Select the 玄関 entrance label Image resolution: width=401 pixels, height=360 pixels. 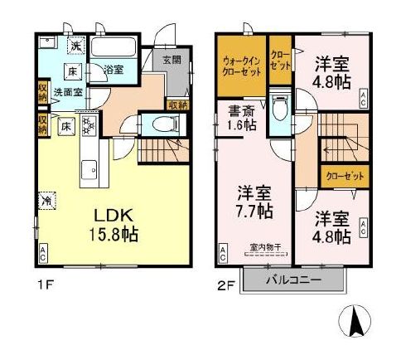[x=171, y=60]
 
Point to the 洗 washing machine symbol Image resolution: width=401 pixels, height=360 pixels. [x=75, y=46]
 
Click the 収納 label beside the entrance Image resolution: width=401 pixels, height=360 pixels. [x=176, y=105]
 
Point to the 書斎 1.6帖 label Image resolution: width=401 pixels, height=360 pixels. [x=242, y=116]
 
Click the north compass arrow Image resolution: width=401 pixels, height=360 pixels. [x=355, y=320]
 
